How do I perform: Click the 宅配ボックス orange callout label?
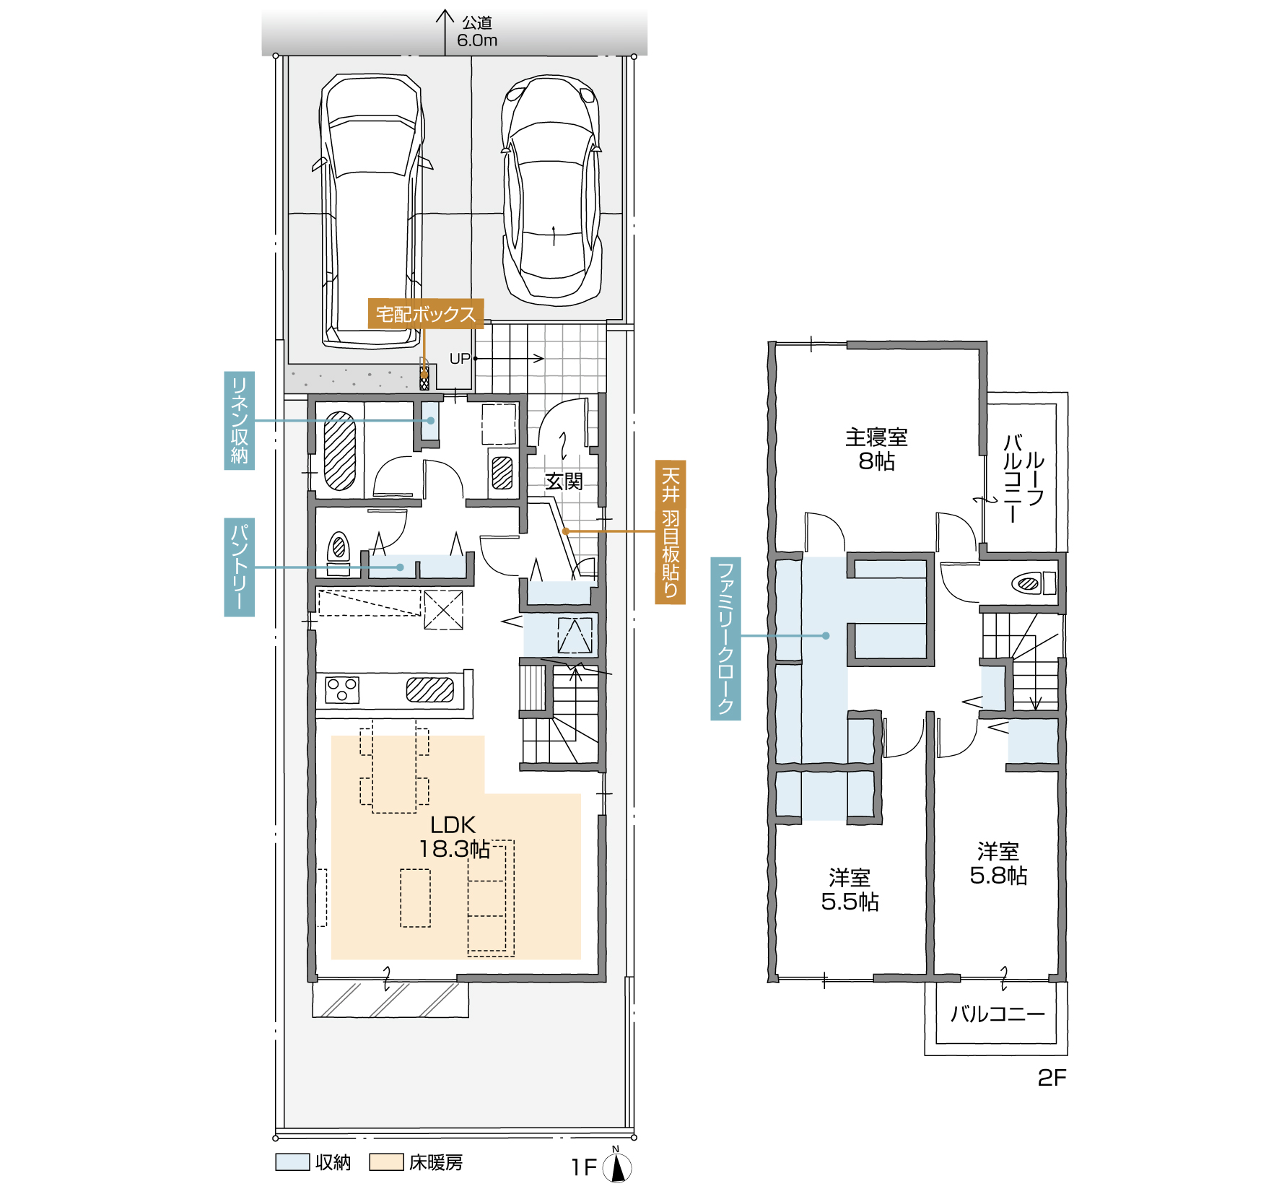(426, 314)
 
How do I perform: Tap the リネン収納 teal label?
(240, 421)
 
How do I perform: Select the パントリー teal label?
(240, 567)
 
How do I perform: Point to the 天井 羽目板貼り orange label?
(671, 532)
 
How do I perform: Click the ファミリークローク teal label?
(726, 638)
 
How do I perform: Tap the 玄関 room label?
(564, 481)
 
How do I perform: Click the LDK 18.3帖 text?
(454, 837)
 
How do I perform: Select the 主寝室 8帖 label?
(877, 448)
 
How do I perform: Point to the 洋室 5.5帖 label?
(850, 889)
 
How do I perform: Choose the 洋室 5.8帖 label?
(999, 863)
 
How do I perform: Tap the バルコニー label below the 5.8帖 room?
(998, 1014)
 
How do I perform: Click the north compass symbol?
(617, 1167)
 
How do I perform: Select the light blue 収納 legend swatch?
(293, 1162)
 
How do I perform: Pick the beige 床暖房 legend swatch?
(386, 1162)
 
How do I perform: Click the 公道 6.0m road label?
(477, 32)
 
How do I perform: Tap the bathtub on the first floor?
(339, 450)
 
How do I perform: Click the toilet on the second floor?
(1033, 583)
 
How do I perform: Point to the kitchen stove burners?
(342, 689)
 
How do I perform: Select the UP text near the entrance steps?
(460, 359)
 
